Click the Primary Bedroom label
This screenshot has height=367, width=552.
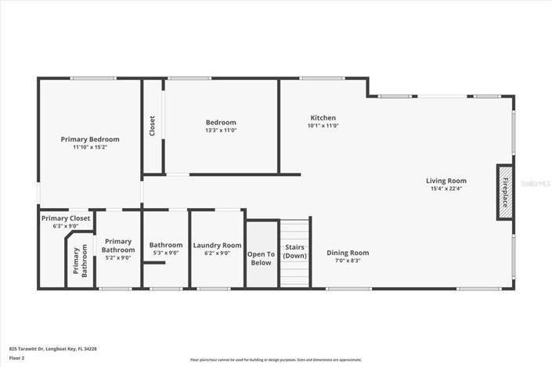click(90, 139)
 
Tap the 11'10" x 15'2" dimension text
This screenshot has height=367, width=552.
click(90, 147)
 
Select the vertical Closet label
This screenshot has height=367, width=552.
click(152, 126)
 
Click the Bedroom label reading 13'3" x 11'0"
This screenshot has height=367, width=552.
click(221, 122)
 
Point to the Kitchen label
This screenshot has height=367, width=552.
click(323, 117)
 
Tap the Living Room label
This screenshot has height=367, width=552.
click(446, 180)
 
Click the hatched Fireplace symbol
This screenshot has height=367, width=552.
click(505, 192)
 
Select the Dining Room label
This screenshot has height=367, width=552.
click(348, 253)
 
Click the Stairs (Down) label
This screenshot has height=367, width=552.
click(295, 251)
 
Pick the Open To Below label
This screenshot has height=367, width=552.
click(261, 258)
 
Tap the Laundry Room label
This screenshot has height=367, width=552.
click(217, 245)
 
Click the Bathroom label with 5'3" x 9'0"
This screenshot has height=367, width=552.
click(166, 245)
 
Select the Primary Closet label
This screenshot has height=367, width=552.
click(66, 218)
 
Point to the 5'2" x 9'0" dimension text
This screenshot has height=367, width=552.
click(118, 257)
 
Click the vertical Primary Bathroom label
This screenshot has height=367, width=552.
click(81, 262)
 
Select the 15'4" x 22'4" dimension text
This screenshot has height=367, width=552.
click(446, 189)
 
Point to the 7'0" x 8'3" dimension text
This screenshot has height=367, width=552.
click(348, 261)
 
